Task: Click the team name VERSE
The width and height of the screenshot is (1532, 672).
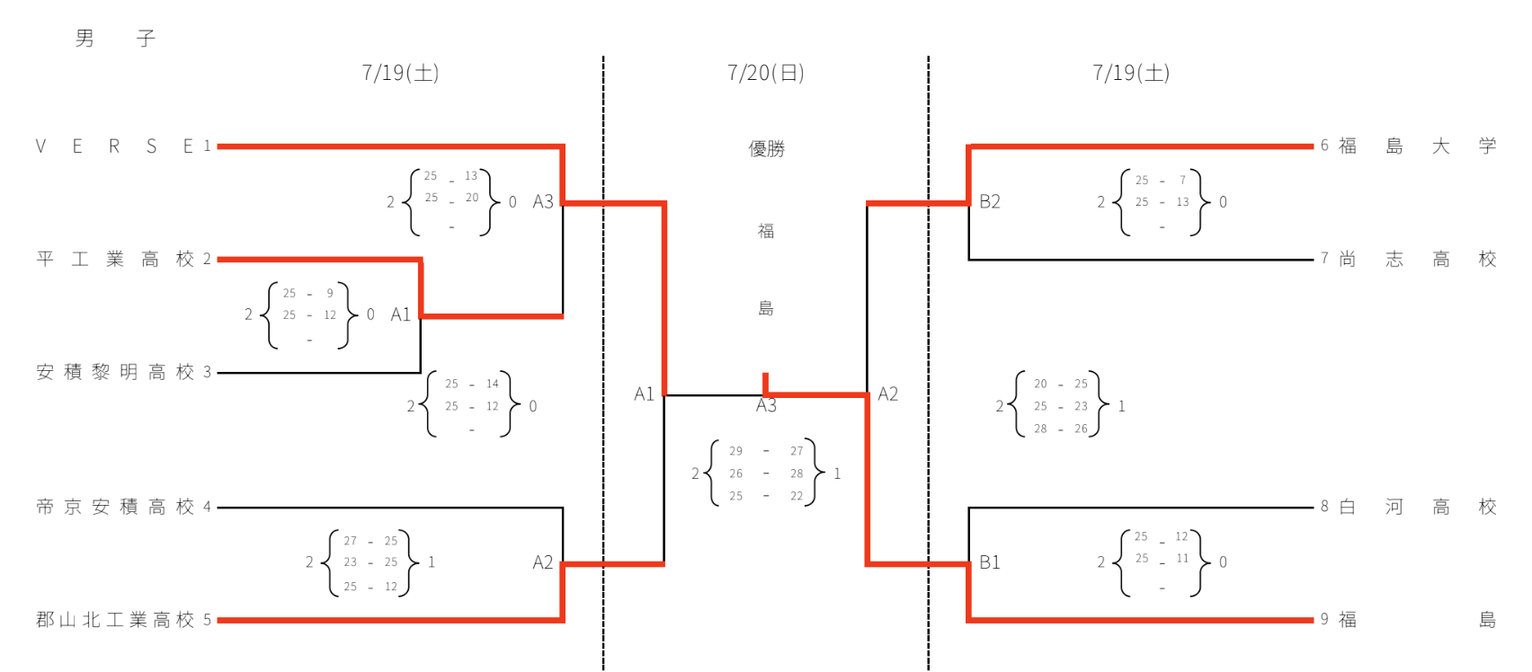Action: point(114,146)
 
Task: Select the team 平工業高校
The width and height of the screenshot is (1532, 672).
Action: point(115,260)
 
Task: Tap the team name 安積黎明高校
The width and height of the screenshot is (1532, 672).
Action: point(115,372)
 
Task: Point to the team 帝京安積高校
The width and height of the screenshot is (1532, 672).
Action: point(115,507)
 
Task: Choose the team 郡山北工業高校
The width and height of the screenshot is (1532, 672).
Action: point(115,620)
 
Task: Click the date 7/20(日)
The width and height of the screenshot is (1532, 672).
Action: point(766,73)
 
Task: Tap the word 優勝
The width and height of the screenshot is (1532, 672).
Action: point(766,149)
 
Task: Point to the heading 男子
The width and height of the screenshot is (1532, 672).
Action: point(115,39)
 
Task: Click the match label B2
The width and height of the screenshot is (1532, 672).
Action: point(990,202)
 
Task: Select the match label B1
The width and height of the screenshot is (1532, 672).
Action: point(990,562)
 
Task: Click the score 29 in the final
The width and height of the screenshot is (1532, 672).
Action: point(736,451)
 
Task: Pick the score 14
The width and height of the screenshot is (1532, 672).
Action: point(493,384)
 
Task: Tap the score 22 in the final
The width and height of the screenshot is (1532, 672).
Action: point(797,496)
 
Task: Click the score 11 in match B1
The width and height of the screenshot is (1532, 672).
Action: point(1182,558)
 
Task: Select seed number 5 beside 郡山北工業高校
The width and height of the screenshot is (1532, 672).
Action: point(207,620)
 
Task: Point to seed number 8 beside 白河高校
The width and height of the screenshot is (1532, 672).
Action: point(1324,507)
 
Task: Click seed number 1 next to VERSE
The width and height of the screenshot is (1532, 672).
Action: point(207,146)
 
